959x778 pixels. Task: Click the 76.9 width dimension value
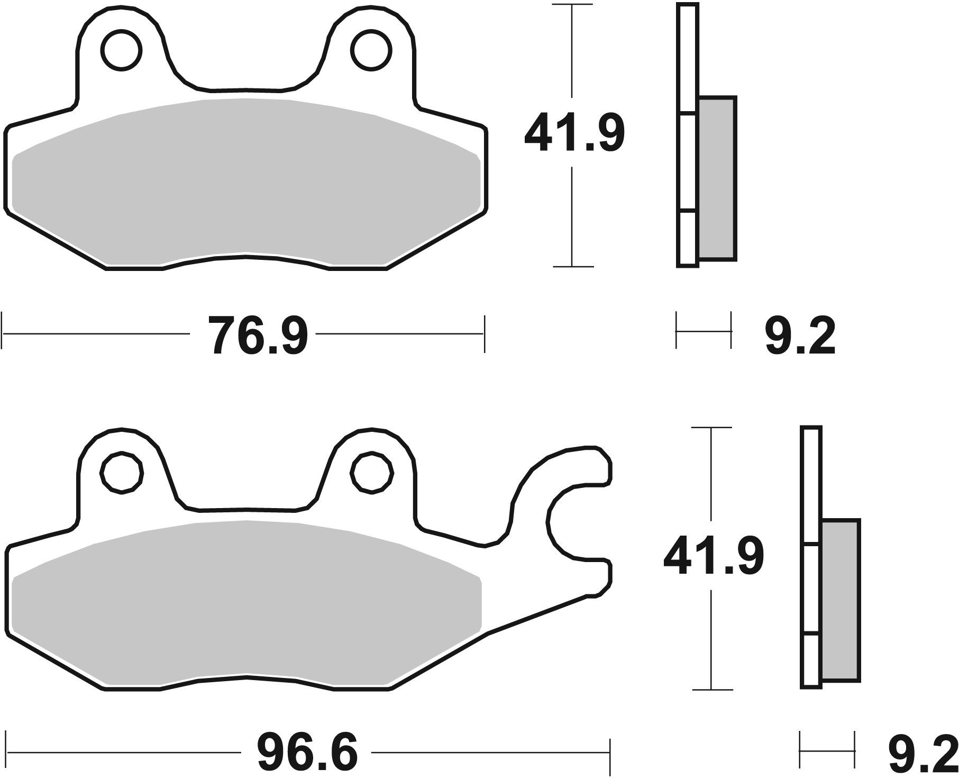pyautogui.click(x=258, y=335)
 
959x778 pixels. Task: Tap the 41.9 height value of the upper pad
pyautogui.click(x=574, y=133)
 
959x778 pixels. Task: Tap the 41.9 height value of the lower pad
pyautogui.click(x=713, y=556)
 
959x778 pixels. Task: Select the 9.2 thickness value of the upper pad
pyautogui.click(x=800, y=336)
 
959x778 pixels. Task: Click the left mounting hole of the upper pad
pyautogui.click(x=122, y=51)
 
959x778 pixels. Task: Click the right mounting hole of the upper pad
pyautogui.click(x=373, y=51)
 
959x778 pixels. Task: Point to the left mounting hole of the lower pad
pyautogui.click(x=122, y=473)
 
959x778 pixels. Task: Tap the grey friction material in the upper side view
pyautogui.click(x=717, y=178)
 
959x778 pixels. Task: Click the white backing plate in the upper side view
pyautogui.click(x=687, y=159)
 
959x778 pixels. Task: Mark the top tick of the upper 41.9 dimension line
pyautogui.click(x=572, y=5)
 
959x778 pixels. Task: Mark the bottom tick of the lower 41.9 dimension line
pyautogui.click(x=712, y=690)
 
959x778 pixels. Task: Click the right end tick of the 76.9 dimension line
pyautogui.click(x=484, y=334)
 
